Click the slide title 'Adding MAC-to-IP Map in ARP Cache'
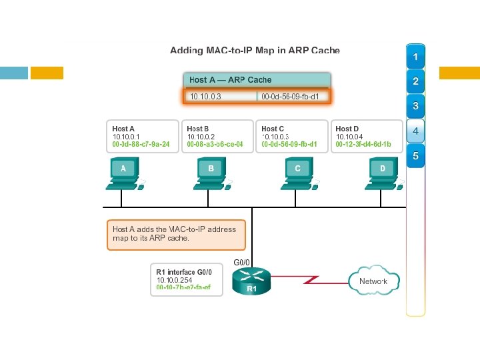255,50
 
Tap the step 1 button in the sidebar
415,58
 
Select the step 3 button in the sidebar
415,106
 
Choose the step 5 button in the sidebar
415,157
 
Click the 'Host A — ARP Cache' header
231,80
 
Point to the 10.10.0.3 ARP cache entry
220,97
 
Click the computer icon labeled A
123,172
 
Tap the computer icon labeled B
211,172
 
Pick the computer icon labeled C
297,172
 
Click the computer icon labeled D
382,172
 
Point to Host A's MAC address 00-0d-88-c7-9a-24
141,144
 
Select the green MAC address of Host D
363,144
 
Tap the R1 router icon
251,281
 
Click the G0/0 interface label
242,263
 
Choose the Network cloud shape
373,281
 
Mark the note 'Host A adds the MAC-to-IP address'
175,229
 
